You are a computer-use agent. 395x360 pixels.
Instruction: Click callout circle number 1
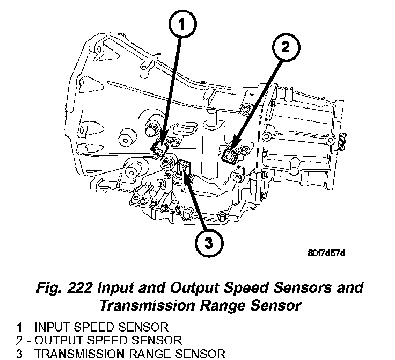[x=180, y=23]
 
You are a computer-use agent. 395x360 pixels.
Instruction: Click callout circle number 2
[x=286, y=47]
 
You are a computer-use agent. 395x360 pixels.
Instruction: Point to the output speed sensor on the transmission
[x=229, y=156]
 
